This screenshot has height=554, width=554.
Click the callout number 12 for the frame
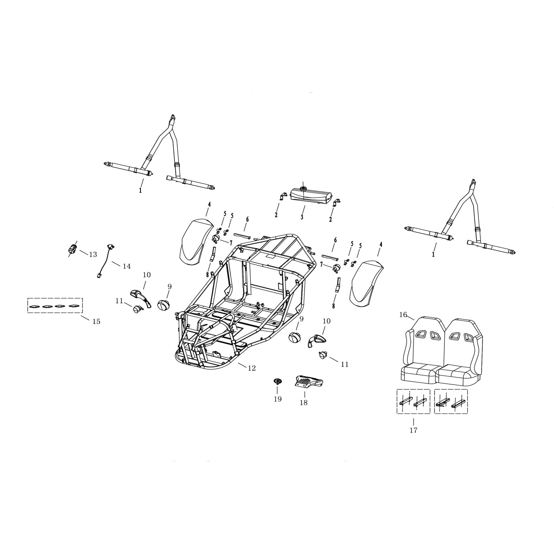click(252, 368)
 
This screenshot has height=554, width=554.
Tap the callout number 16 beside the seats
click(403, 315)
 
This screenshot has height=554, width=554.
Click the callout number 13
click(93, 254)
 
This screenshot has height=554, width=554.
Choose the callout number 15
click(96, 321)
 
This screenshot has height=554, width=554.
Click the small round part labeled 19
click(277, 381)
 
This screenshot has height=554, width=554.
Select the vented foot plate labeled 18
click(309, 381)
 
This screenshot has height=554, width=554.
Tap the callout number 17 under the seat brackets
click(413, 430)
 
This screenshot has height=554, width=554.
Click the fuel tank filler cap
click(304, 189)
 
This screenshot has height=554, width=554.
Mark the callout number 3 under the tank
click(302, 217)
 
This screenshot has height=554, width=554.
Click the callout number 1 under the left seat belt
click(140, 190)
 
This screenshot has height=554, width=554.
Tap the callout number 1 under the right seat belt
click(433, 254)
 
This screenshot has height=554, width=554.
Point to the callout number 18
click(304, 403)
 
